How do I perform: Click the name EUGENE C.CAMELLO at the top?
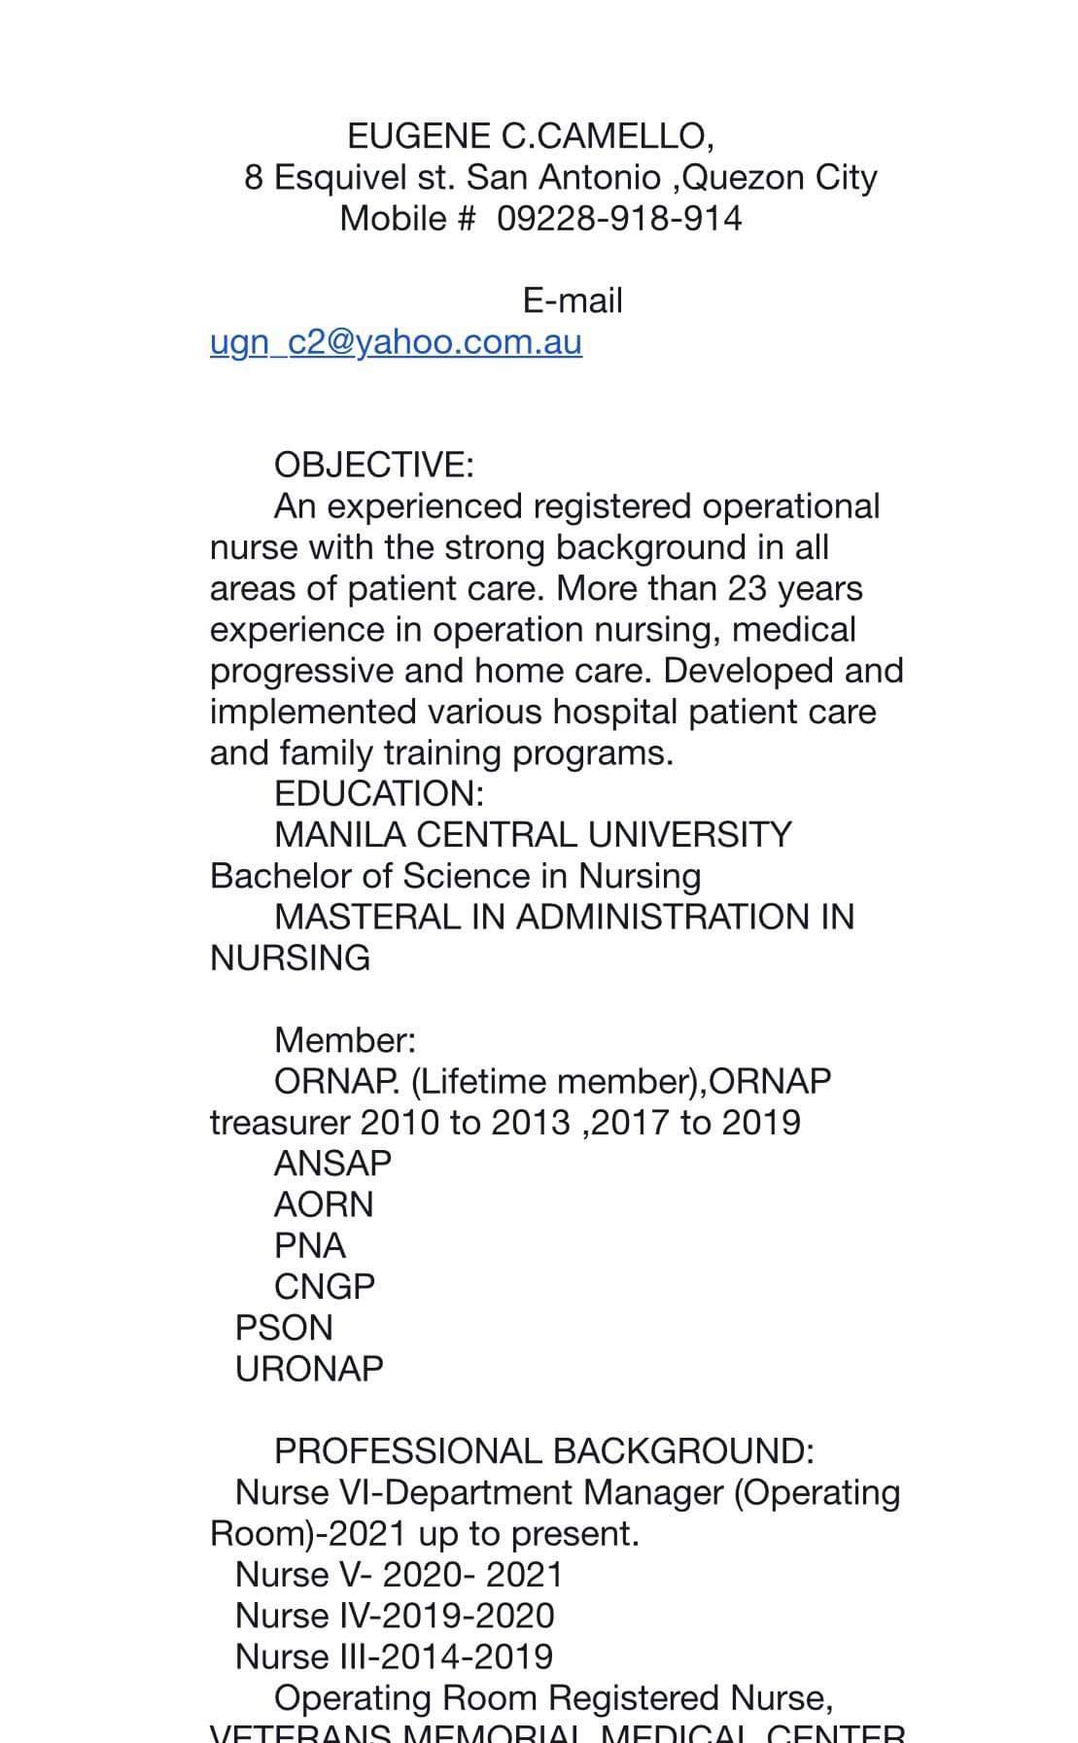[x=530, y=136]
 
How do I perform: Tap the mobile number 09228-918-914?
[x=619, y=218]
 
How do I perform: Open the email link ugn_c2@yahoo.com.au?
[x=396, y=342]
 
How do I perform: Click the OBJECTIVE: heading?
[x=373, y=465]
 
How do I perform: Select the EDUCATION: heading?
[x=378, y=793]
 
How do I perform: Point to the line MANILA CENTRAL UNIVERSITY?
[x=533, y=835]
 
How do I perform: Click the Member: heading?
[x=344, y=1040]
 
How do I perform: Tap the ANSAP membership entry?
[x=332, y=1164]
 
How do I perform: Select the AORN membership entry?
[x=324, y=1204]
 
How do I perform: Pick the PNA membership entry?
[x=309, y=1245]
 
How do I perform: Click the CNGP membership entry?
[x=324, y=1286]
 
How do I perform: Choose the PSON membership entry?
[x=284, y=1328]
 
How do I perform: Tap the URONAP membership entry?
[x=309, y=1369]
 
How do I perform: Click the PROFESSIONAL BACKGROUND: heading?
[x=543, y=1450]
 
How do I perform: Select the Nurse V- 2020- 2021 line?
[x=399, y=1574]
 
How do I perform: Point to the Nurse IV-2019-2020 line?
[x=395, y=1615]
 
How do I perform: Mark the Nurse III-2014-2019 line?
[x=394, y=1656]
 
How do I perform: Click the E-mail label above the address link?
[x=572, y=300]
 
